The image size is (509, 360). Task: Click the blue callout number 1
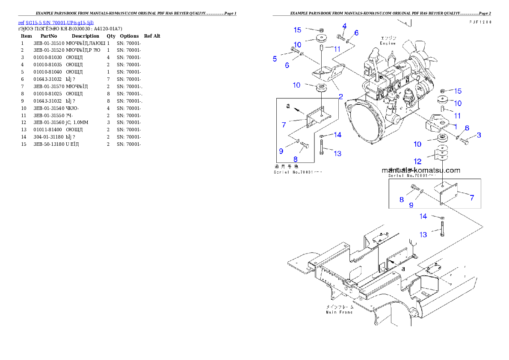click(456, 126)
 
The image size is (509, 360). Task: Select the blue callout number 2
click(340, 97)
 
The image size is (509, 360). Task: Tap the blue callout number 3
click(479, 135)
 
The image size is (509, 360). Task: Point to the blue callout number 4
click(344, 26)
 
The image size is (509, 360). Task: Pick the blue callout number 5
click(275, 59)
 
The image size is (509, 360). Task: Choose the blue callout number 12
click(417, 161)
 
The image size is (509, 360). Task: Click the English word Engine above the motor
click(388, 43)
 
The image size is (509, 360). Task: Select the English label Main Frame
click(339, 312)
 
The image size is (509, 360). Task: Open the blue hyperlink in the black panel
click(56, 22)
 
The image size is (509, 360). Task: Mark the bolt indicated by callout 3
click(465, 141)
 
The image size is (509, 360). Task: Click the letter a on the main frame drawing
click(403, 269)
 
